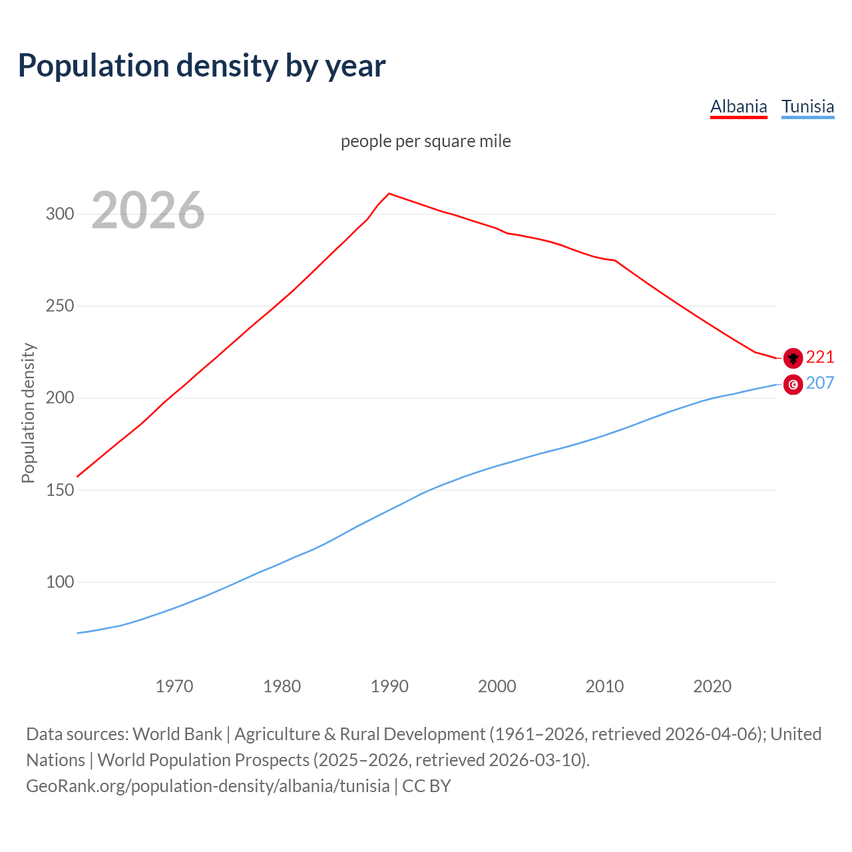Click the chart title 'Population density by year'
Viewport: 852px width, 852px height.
point(202,65)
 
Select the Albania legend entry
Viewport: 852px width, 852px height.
point(738,106)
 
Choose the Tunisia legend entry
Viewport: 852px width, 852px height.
point(807,106)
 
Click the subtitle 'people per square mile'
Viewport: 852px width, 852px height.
point(425,141)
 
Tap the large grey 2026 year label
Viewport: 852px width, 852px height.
point(148,210)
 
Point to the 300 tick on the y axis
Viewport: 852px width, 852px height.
point(59,214)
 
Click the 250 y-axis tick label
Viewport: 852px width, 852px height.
point(59,306)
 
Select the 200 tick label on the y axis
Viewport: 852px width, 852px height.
point(59,398)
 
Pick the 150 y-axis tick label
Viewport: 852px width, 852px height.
point(59,490)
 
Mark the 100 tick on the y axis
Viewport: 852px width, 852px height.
point(59,582)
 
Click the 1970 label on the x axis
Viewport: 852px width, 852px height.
point(174,686)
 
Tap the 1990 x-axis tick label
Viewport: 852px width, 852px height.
point(389,686)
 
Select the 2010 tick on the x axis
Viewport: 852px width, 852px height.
point(604,686)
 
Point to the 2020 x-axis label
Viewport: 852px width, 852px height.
point(712,686)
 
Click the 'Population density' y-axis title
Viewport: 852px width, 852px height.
point(28,413)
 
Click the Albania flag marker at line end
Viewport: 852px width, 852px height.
point(793,358)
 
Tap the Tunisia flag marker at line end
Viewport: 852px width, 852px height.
point(793,384)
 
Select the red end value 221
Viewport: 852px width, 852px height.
point(820,357)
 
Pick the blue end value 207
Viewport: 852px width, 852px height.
point(820,383)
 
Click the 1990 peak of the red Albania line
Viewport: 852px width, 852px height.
point(389,194)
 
